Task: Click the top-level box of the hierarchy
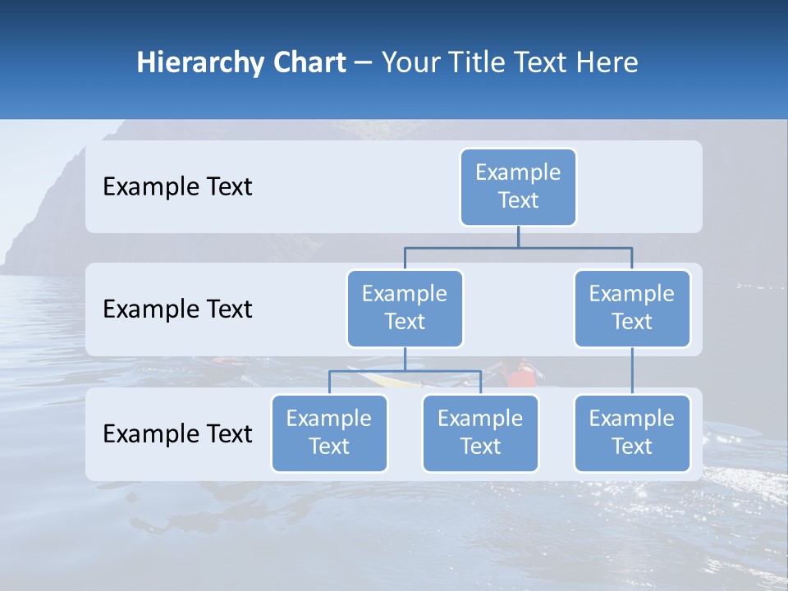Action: pyautogui.click(x=518, y=187)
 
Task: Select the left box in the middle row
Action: pyautogui.click(x=405, y=309)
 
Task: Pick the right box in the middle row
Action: pyautogui.click(x=632, y=309)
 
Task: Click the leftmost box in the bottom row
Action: pyautogui.click(x=329, y=433)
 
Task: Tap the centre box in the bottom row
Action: pyautogui.click(x=480, y=433)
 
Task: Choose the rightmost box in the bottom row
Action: pyautogui.click(x=632, y=433)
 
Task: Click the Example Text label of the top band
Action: pyautogui.click(x=177, y=187)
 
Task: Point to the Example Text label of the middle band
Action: pyautogui.click(x=177, y=309)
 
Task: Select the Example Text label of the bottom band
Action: pyautogui.click(x=177, y=433)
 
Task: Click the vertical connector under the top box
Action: pyautogui.click(x=518, y=236)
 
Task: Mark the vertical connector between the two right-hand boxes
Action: pyautogui.click(x=632, y=371)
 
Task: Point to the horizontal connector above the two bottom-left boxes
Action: pyautogui.click(x=405, y=371)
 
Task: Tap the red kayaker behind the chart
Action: pyautogui.click(x=520, y=376)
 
